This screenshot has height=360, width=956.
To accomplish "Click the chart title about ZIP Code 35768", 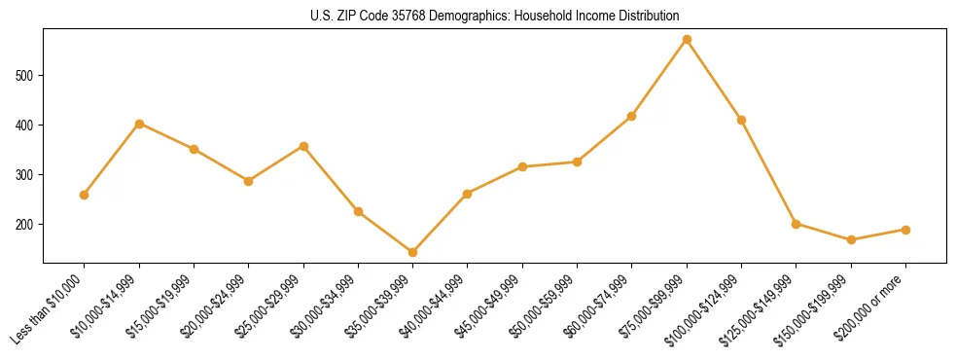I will point(495,16).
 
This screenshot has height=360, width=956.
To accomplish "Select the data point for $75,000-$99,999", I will point(687,40).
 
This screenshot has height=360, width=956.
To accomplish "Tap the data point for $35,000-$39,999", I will point(413,252).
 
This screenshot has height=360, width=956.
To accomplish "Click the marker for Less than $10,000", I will point(85,195).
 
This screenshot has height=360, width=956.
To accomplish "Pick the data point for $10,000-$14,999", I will point(139,124).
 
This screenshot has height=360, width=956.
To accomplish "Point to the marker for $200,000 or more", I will point(905,230).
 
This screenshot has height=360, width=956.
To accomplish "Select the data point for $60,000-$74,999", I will point(632,117).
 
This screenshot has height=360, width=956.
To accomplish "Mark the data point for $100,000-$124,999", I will point(741,120).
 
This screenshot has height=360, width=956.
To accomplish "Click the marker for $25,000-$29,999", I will point(303,146).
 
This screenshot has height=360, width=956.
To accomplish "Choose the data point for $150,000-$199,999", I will point(851,239).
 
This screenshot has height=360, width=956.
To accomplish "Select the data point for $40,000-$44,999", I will point(468,194).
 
